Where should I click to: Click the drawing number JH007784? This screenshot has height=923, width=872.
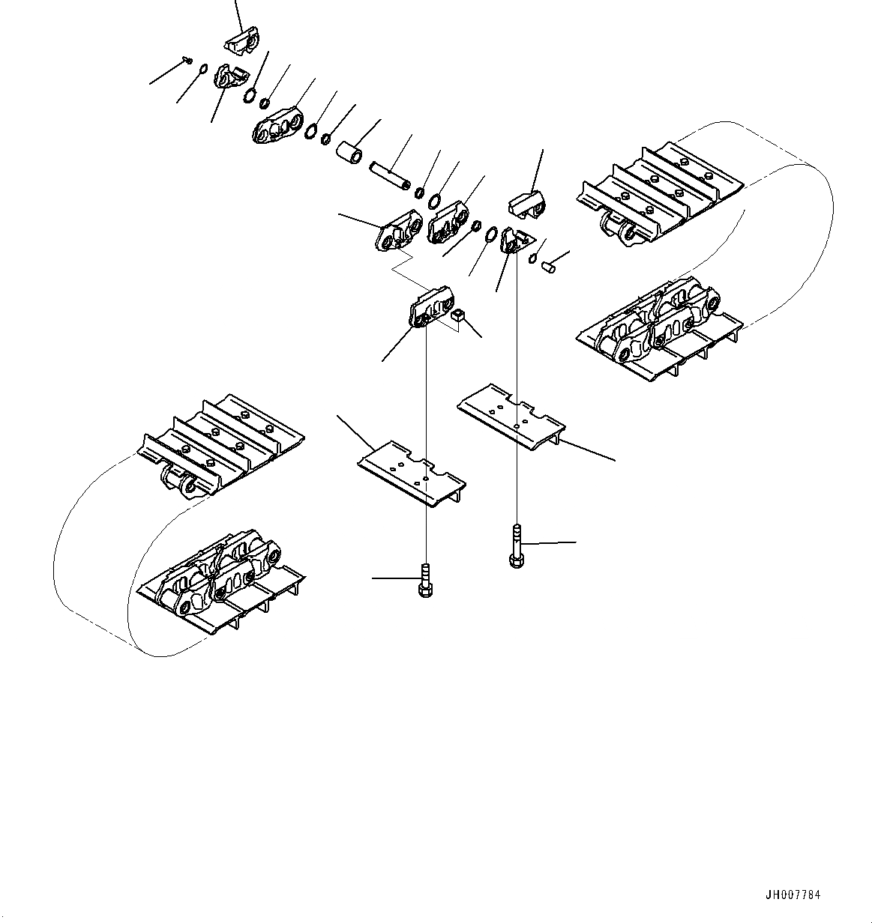click(793, 895)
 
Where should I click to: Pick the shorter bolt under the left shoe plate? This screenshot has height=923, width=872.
click(424, 581)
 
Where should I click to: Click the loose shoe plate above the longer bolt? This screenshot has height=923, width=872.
click(511, 417)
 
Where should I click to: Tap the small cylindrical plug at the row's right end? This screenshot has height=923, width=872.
click(549, 264)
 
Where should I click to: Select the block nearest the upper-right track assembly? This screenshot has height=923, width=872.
click(528, 205)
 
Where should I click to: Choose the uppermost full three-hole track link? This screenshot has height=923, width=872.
click(277, 128)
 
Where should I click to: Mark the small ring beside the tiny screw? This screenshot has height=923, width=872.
click(202, 71)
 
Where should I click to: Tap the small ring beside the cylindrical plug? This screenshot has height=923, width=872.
click(532, 258)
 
